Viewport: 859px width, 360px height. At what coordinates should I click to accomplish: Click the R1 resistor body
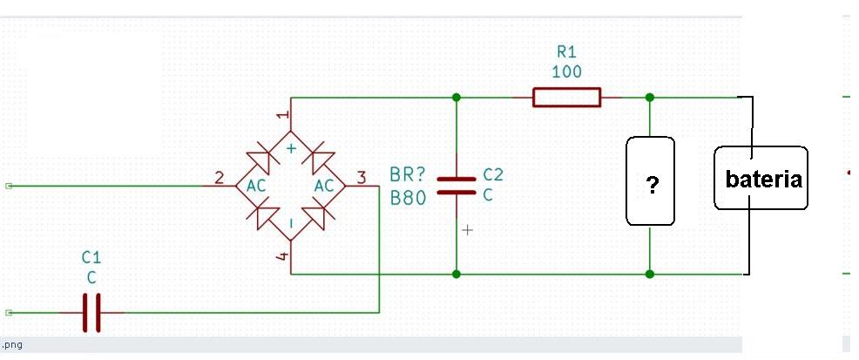pyautogui.click(x=566, y=98)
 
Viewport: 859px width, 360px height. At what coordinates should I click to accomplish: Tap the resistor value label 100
pyautogui.click(x=566, y=71)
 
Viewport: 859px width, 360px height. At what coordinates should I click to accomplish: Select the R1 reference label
pyautogui.click(x=566, y=52)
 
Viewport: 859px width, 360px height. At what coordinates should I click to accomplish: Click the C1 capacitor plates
pyautogui.click(x=91, y=313)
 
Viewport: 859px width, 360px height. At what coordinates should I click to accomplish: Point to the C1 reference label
pyautogui.click(x=91, y=257)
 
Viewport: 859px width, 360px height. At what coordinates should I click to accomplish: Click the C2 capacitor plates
pyautogui.click(x=457, y=186)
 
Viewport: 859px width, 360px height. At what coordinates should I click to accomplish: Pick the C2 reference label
pyautogui.click(x=492, y=175)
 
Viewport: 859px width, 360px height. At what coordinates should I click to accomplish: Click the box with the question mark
pyautogui.click(x=650, y=180)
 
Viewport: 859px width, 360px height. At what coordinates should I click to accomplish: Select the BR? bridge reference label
pyautogui.click(x=408, y=175)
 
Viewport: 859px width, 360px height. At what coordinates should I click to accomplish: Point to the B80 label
pyautogui.click(x=408, y=198)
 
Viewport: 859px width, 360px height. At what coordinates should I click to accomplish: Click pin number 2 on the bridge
pyautogui.click(x=220, y=178)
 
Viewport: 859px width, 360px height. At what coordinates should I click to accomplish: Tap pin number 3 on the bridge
pyautogui.click(x=361, y=178)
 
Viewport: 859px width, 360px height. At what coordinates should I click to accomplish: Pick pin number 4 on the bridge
pyautogui.click(x=282, y=256)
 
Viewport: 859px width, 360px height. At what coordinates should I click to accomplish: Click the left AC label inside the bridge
pyautogui.click(x=256, y=187)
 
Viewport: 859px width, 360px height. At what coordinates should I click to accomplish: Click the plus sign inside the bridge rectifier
pyautogui.click(x=292, y=148)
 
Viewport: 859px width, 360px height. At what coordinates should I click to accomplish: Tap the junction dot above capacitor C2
pyautogui.click(x=457, y=98)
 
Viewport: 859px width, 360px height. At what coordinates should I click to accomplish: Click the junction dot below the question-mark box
pyautogui.click(x=650, y=274)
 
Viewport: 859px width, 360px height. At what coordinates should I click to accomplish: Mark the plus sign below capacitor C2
pyautogui.click(x=467, y=230)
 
